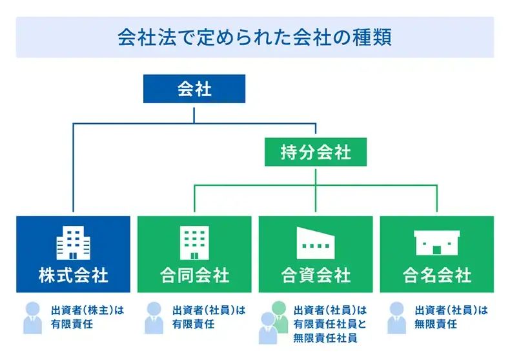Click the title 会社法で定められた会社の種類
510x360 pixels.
tap(254, 36)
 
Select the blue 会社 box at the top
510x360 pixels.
tap(194, 89)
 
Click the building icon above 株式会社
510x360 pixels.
tap(73, 243)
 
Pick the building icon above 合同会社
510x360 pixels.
tap(194, 243)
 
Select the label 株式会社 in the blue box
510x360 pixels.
tap(73, 276)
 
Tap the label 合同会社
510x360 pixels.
tap(194, 276)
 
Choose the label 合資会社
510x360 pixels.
tap(316, 276)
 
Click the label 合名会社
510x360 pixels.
tap(436, 276)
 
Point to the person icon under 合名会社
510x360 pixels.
tap(396, 317)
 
